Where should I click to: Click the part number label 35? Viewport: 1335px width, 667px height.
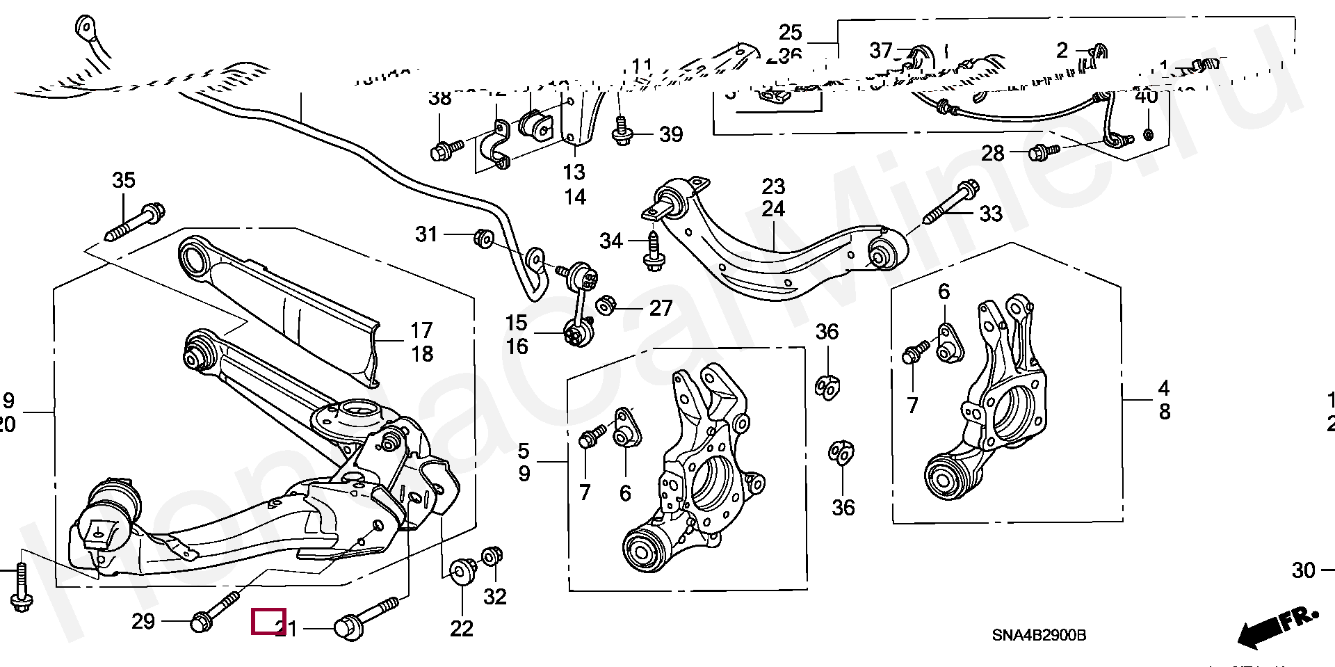pos(124,180)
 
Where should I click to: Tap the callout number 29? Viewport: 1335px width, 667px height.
pos(143,621)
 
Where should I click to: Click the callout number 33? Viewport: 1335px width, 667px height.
pos(991,213)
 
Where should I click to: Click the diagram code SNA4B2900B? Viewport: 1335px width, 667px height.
pos(1039,636)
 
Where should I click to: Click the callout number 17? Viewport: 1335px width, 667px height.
pos(421,330)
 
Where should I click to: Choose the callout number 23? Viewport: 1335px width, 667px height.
pos(773,186)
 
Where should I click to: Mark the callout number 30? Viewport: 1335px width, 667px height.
pos(1304,570)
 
